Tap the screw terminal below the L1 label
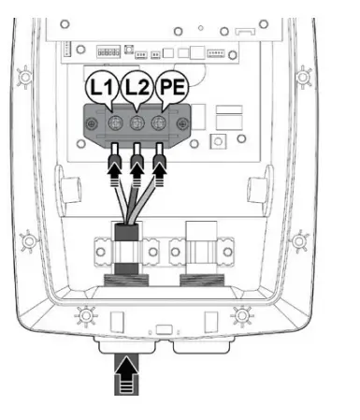point(113,123)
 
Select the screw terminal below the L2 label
point(137,123)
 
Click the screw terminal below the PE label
point(160,123)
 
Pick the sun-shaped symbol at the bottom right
point(244,312)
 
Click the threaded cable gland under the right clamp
point(202,282)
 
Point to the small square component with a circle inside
point(220,141)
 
